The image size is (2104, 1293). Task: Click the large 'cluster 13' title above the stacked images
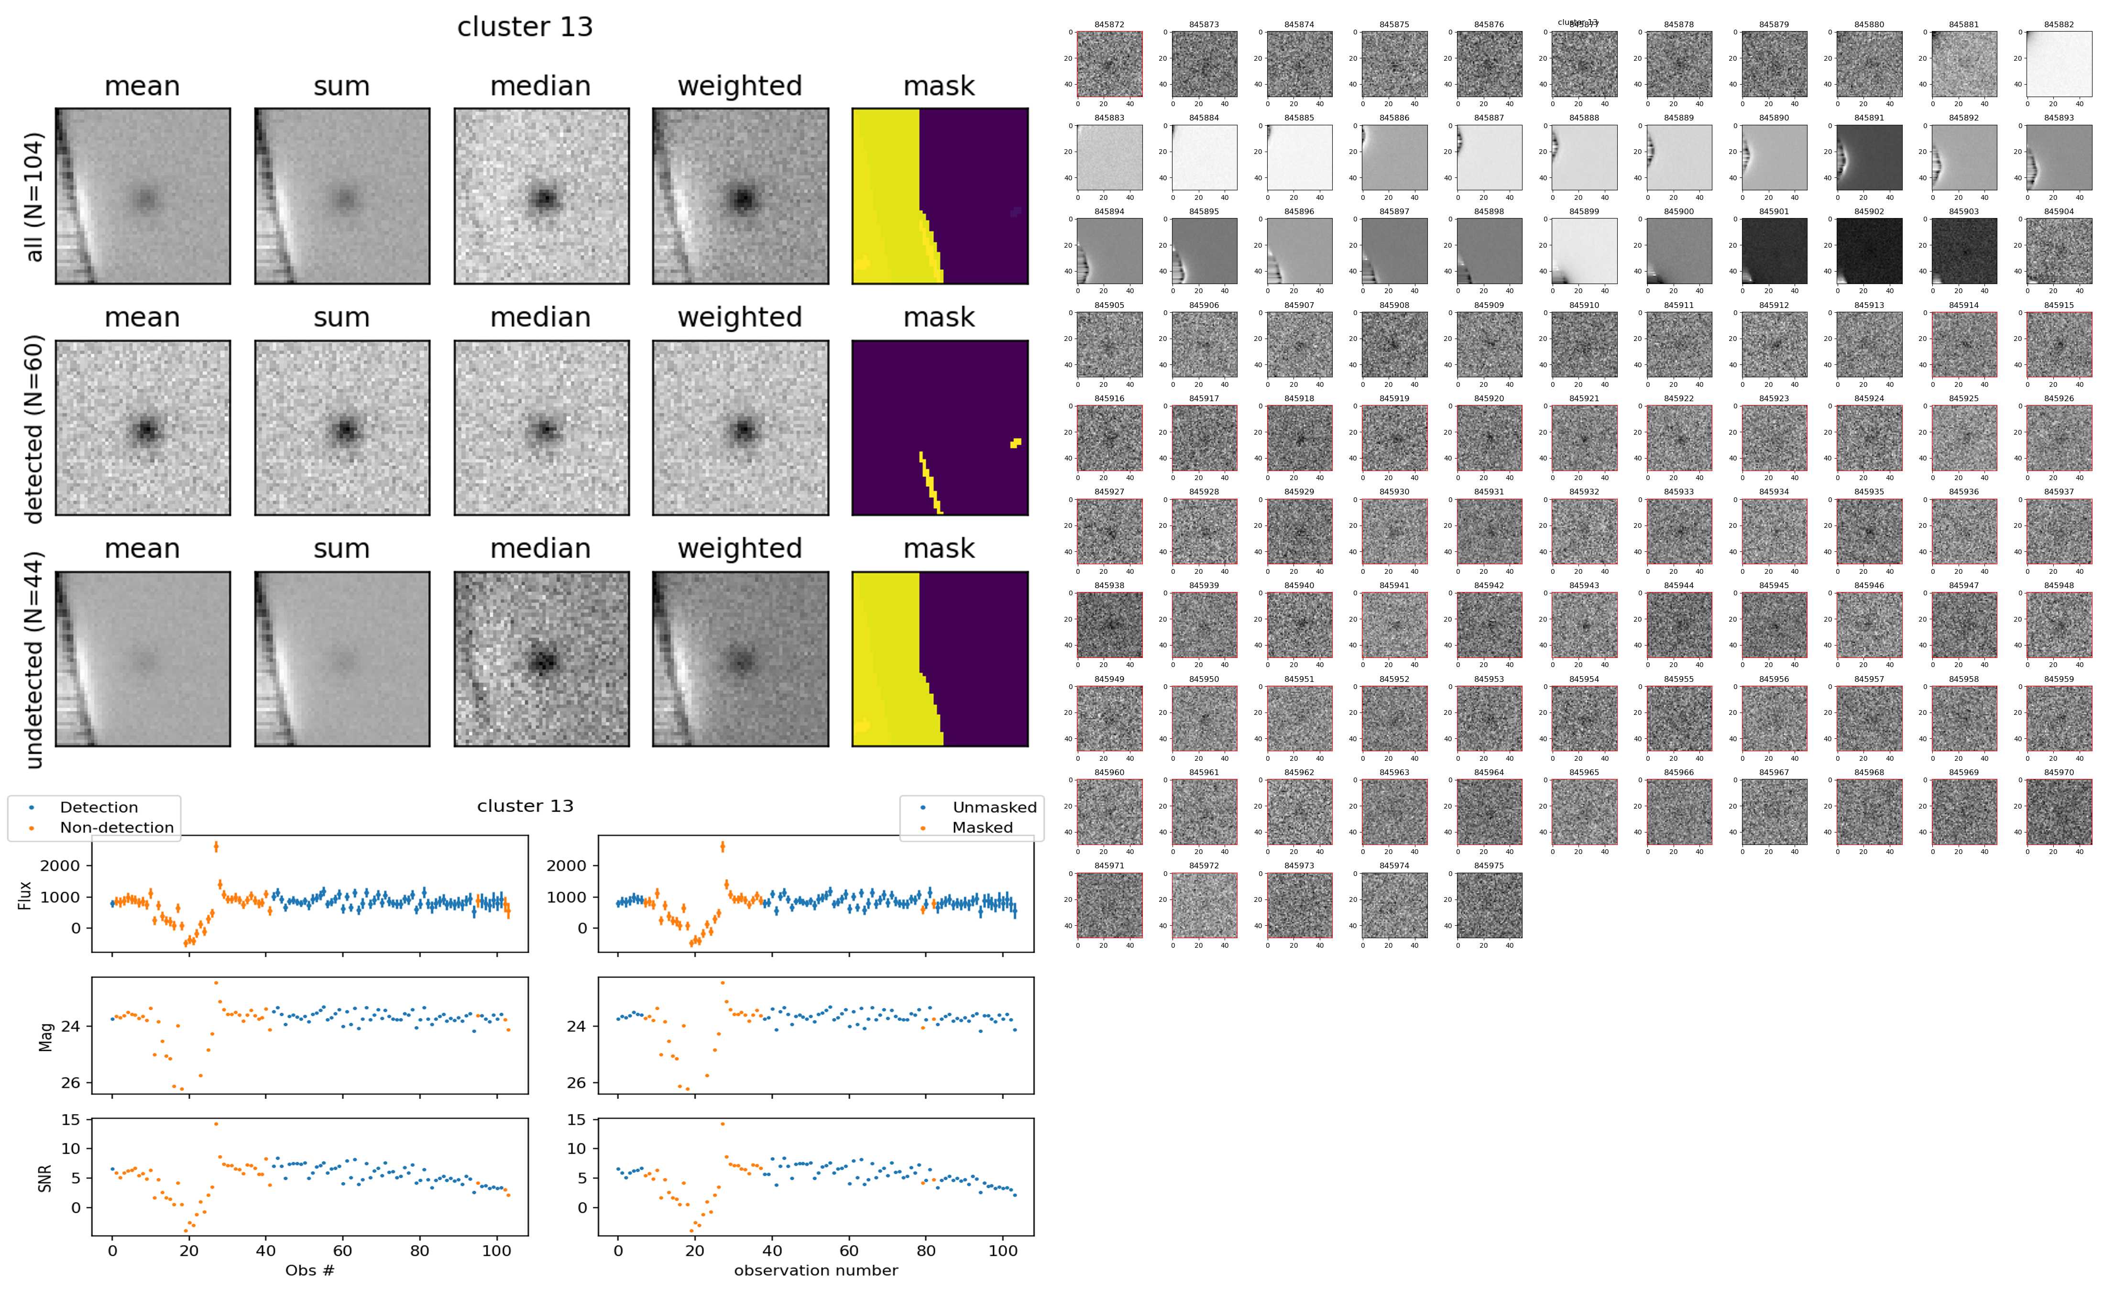click(x=525, y=27)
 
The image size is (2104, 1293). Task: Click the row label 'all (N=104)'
click(x=34, y=197)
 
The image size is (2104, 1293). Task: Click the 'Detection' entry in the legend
click(x=99, y=807)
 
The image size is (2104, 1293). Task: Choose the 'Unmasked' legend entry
click(x=994, y=807)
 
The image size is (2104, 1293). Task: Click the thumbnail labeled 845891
click(x=1869, y=157)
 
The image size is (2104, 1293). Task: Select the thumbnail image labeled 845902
click(x=1869, y=251)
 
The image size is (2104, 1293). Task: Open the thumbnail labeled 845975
click(x=1489, y=905)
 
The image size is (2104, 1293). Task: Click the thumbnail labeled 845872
click(x=1109, y=64)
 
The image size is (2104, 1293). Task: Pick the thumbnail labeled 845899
click(x=1583, y=251)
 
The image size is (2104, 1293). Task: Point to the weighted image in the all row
click(x=740, y=197)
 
